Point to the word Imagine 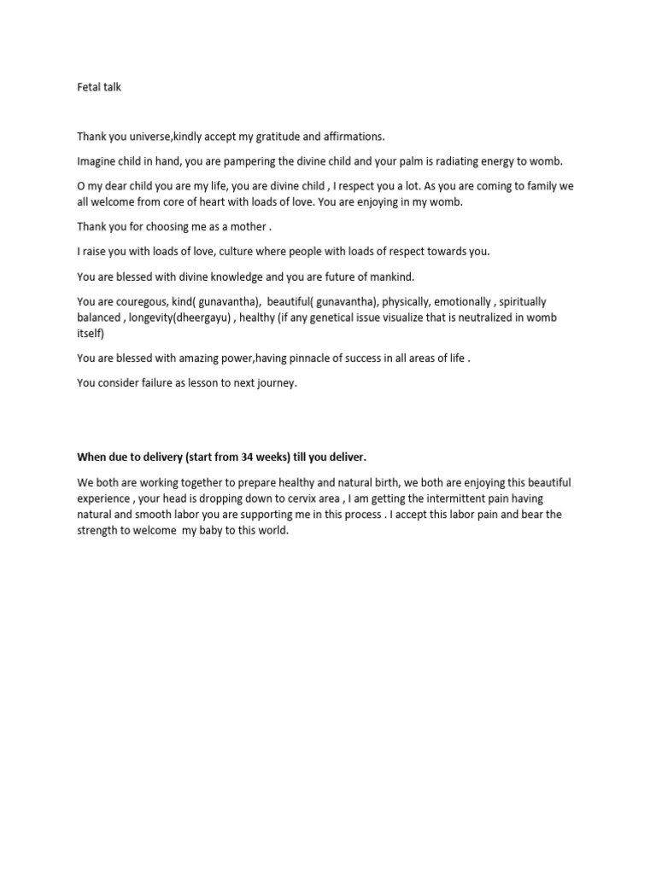click(97, 161)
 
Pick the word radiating click(462, 161)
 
